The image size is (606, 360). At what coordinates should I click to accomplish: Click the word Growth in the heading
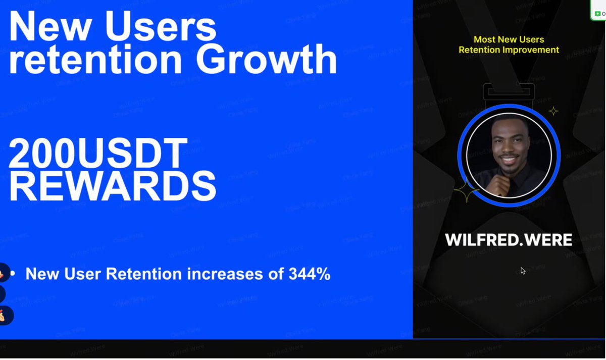click(266, 60)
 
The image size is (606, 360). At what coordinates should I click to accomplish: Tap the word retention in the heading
click(95, 60)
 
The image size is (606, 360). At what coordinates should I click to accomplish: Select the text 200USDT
click(98, 153)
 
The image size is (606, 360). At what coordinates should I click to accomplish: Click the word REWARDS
click(113, 186)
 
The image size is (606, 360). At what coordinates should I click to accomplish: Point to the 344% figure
click(310, 274)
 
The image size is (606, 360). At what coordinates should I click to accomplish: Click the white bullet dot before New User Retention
click(13, 274)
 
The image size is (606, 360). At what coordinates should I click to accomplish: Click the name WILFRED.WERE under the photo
click(508, 240)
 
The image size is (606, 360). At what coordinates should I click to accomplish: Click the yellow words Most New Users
click(509, 39)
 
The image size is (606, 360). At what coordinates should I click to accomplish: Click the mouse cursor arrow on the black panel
click(523, 271)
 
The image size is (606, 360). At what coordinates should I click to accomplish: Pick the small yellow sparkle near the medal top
click(553, 111)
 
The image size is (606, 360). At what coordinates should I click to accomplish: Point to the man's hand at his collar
click(499, 186)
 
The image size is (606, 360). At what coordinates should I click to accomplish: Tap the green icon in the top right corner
click(597, 14)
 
